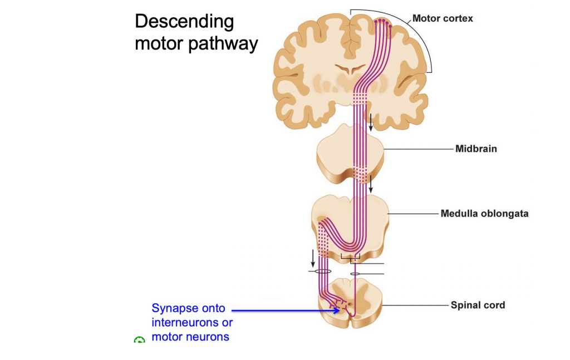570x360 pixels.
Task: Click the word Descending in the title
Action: coord(184,22)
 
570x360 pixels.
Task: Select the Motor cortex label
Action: coord(443,18)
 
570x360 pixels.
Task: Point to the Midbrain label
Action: coord(476,149)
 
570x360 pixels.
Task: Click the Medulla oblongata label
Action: coord(484,213)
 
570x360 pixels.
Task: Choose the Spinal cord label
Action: coord(478,305)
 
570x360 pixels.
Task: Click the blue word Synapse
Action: coord(173,308)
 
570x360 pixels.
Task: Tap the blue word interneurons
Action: coord(192,323)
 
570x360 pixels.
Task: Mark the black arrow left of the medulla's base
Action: coord(313,258)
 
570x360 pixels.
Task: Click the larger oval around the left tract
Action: coord(322,272)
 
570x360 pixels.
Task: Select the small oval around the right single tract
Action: coord(355,273)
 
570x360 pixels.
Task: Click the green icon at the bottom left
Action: coord(139,340)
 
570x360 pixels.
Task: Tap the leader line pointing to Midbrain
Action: coord(417,149)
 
